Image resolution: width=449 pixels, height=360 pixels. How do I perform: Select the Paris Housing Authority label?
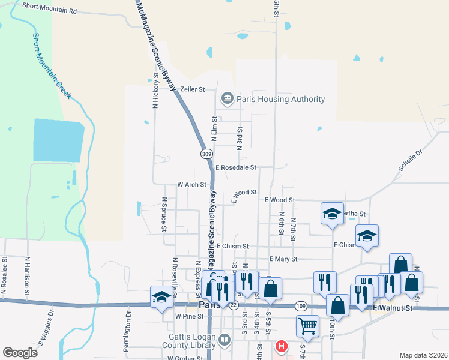(x=280, y=99)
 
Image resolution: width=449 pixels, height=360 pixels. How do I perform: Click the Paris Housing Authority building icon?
(x=228, y=98)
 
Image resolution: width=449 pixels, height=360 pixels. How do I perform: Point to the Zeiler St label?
(x=193, y=89)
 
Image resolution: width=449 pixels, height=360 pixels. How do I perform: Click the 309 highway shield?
(x=206, y=154)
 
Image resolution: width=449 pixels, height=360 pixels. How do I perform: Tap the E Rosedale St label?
(x=236, y=167)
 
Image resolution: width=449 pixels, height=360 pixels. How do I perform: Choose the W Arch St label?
(x=192, y=185)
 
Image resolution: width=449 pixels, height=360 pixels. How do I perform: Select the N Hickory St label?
(x=155, y=91)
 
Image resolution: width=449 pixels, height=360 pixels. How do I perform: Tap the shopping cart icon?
(x=307, y=326)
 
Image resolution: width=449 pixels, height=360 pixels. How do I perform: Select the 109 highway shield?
(x=301, y=306)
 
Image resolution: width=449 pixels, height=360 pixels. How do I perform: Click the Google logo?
(x=20, y=353)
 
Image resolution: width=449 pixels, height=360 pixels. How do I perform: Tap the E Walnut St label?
(x=393, y=308)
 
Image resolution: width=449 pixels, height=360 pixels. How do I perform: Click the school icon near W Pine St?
(x=161, y=297)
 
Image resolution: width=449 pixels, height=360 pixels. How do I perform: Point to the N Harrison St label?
(x=27, y=275)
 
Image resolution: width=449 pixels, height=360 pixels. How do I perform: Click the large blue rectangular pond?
(x=57, y=140)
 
